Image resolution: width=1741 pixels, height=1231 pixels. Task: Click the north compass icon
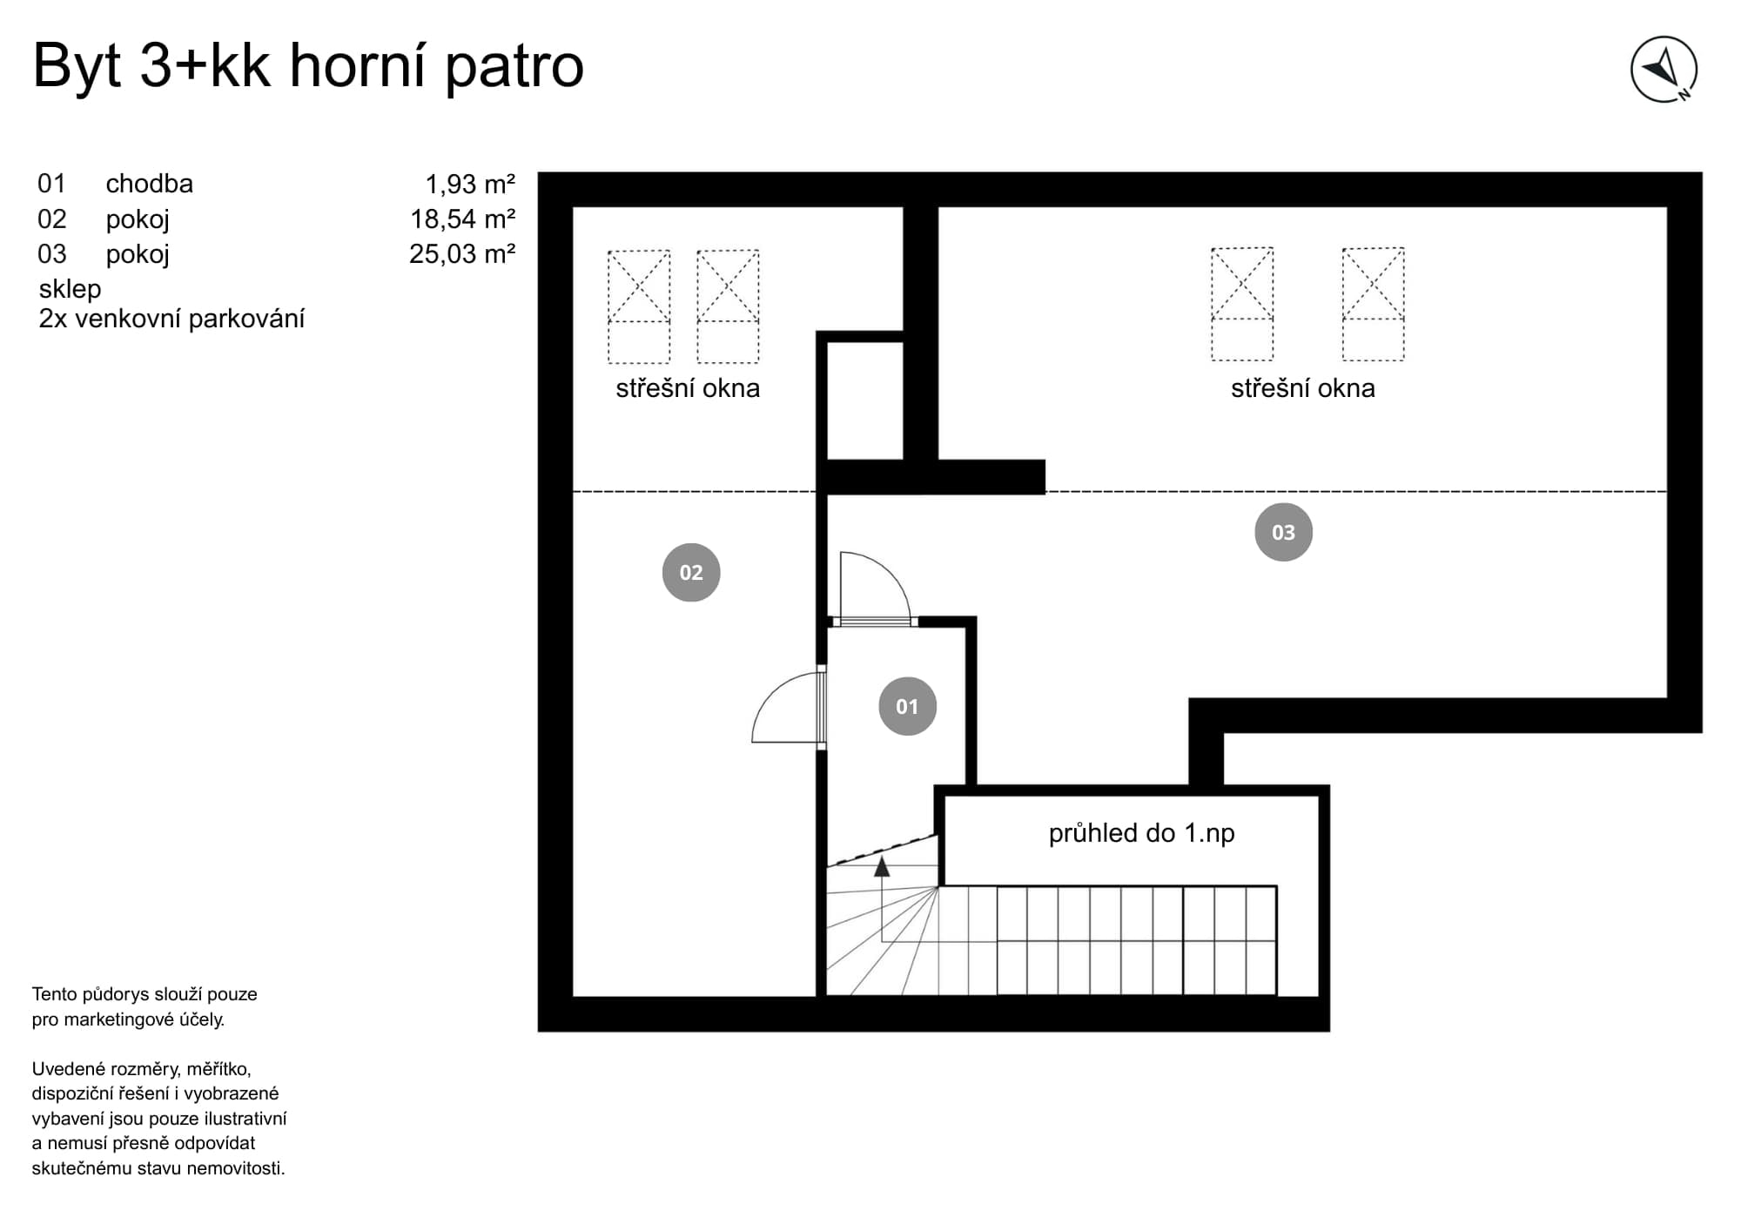tap(1664, 70)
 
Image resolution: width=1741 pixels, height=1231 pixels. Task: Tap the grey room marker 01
tap(907, 706)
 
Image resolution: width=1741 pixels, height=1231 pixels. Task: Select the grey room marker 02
tap(691, 572)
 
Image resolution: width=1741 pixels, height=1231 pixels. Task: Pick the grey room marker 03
tap(1283, 532)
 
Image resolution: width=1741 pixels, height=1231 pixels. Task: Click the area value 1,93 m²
tap(470, 185)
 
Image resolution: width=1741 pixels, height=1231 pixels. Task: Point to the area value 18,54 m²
tap(463, 219)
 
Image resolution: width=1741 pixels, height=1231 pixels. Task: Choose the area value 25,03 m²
tap(462, 254)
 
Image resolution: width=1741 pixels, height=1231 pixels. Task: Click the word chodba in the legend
tap(150, 184)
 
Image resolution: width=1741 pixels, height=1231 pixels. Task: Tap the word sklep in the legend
tap(70, 289)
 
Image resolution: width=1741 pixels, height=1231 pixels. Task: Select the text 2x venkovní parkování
tap(171, 320)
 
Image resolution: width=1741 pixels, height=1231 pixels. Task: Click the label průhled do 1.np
tap(1141, 833)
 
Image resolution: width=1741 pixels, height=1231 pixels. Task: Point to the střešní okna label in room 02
tap(688, 388)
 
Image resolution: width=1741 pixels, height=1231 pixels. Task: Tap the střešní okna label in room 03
tap(1303, 388)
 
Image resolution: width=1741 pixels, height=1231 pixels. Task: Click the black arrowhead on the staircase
tap(882, 866)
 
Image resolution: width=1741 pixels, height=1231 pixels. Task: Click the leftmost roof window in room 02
tap(639, 306)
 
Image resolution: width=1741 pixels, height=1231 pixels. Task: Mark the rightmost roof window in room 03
tap(1373, 304)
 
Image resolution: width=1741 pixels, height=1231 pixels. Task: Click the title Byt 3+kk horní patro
tap(308, 66)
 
